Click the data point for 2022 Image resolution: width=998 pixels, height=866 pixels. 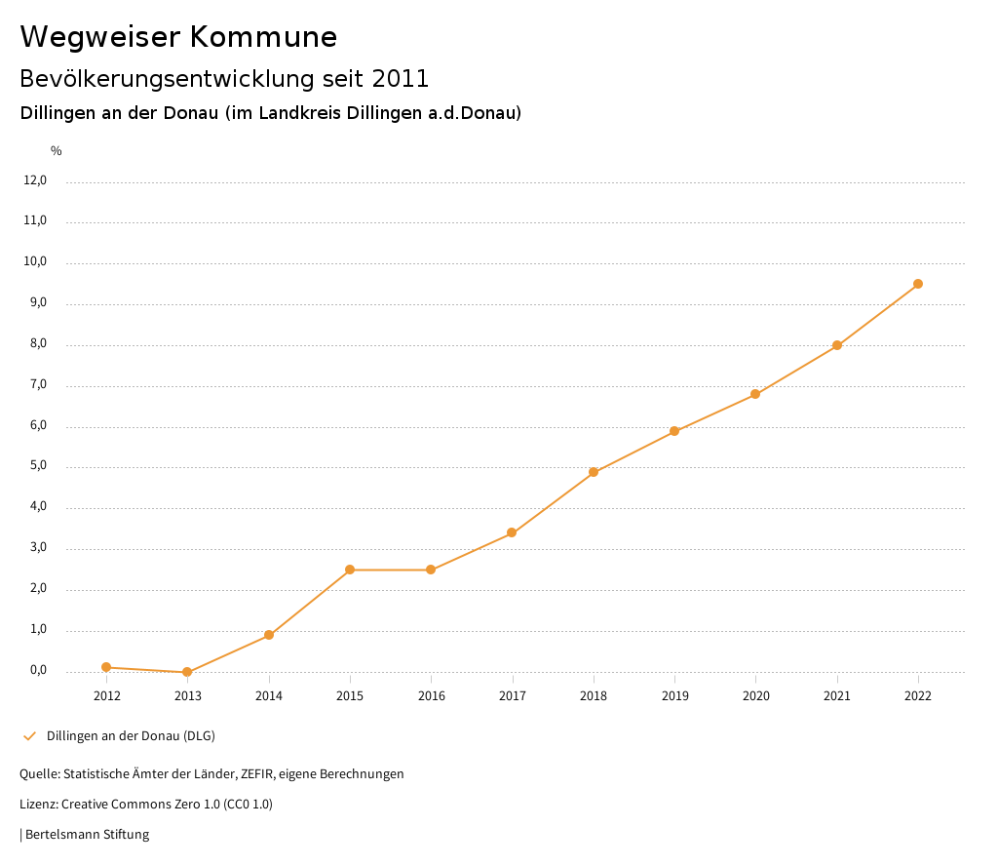(918, 284)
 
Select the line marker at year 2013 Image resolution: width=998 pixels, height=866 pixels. (187, 672)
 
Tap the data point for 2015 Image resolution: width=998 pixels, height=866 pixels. (350, 570)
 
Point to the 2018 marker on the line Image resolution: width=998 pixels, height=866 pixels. (594, 472)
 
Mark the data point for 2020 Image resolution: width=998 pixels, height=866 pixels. (755, 394)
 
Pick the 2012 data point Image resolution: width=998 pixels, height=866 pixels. (106, 667)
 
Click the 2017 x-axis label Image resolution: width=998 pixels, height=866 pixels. (513, 696)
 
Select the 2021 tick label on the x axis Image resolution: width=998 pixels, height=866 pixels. (837, 696)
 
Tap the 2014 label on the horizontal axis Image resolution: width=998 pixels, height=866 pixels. (269, 696)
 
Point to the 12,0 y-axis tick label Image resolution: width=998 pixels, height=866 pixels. (35, 180)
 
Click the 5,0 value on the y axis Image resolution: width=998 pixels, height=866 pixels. (38, 466)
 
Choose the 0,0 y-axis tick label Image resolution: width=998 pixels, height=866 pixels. (38, 670)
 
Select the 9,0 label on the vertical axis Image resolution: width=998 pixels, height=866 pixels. (38, 303)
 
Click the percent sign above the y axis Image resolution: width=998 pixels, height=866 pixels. (57, 150)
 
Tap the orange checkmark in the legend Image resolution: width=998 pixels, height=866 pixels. (29, 735)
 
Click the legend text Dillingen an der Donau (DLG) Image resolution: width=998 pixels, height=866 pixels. (131, 735)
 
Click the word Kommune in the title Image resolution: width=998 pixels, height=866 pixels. (263, 37)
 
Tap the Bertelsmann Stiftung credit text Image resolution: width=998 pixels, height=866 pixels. (87, 835)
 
